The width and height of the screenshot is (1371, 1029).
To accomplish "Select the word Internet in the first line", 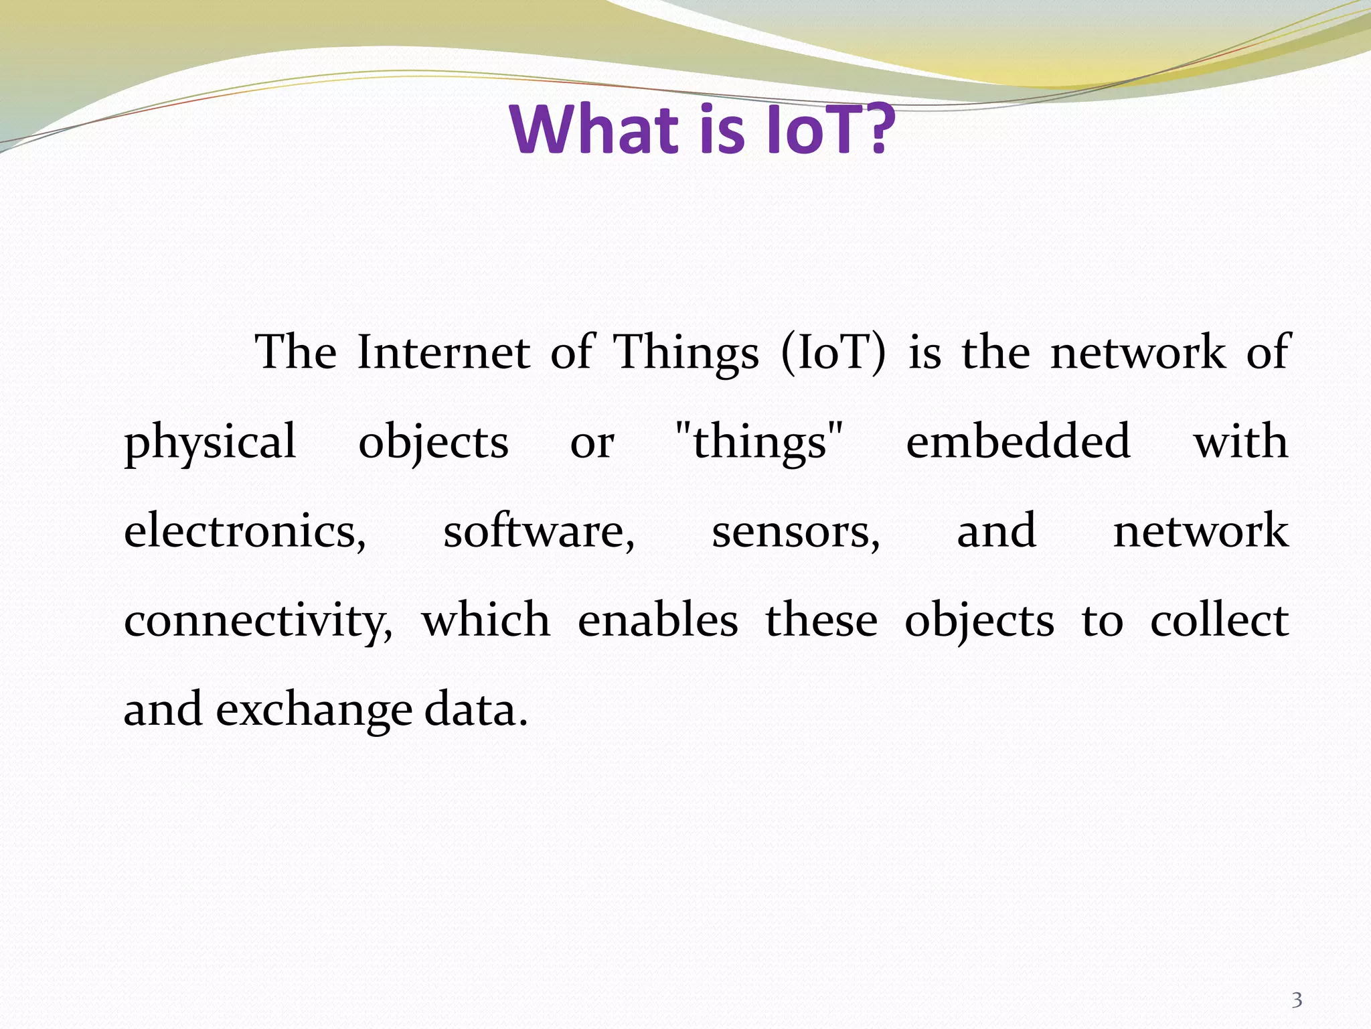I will (443, 353).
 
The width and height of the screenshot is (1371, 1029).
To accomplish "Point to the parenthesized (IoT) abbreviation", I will (833, 354).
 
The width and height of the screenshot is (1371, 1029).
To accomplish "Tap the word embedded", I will (1018, 442).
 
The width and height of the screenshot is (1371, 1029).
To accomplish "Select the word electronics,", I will (245, 531).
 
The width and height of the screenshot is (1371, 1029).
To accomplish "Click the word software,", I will (539, 531).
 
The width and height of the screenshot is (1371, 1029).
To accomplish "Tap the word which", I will (486, 620).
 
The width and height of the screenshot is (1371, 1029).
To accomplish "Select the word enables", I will (657, 620).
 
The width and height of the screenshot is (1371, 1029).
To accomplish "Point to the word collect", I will (1219, 620).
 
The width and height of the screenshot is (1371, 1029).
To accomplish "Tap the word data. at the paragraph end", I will (476, 709).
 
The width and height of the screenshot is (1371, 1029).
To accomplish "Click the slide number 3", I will (1296, 1001).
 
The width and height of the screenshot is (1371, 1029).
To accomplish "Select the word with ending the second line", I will (1241, 442).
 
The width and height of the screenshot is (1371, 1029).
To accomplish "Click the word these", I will (821, 620).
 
